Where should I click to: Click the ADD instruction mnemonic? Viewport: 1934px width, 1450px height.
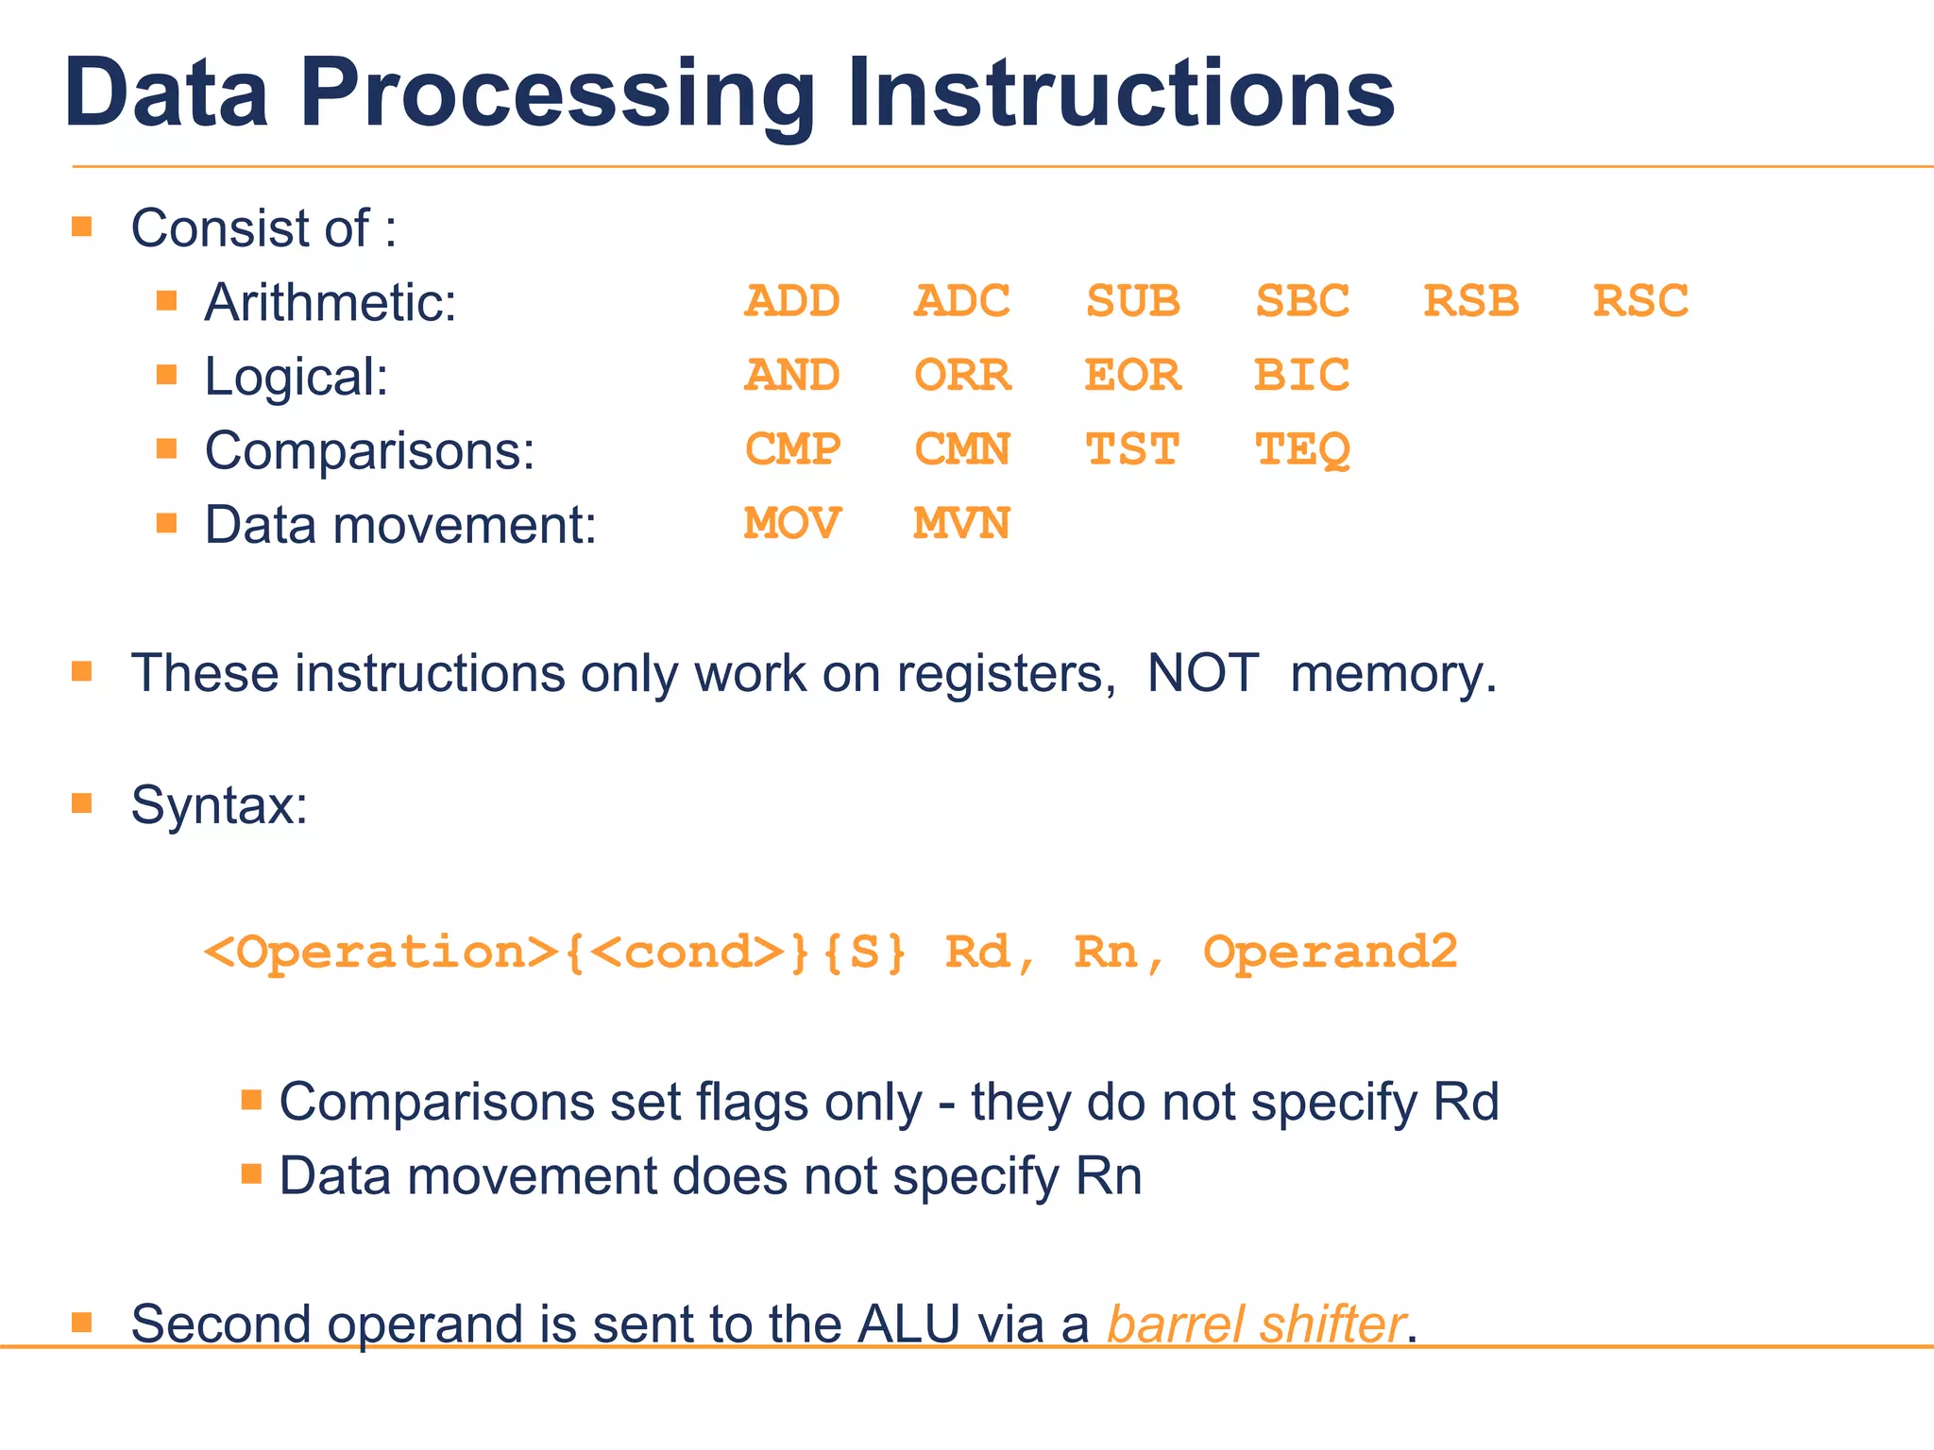791,301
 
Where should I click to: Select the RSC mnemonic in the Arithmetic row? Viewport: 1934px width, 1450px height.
1640,301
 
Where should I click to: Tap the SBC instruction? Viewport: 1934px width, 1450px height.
1301,301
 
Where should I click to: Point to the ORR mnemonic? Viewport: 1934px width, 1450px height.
961,376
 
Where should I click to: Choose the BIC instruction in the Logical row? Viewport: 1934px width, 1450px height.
1301,376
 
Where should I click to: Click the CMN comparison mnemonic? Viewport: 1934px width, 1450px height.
961,449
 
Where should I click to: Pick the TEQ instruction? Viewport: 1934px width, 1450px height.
1301,450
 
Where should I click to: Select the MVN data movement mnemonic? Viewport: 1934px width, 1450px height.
961,523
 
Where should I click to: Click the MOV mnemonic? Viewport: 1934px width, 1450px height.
791,523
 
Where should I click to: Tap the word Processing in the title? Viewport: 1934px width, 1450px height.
557,94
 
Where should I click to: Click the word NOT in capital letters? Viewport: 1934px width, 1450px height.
1202,674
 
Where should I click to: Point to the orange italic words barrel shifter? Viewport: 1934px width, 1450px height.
1256,1324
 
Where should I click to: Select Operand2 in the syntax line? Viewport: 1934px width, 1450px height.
1330,952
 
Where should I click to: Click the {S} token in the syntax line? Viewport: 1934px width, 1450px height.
864,952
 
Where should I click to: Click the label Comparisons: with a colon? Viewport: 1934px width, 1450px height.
369,450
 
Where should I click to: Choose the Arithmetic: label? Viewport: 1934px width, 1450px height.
330,302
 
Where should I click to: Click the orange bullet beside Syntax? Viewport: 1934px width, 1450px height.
82,803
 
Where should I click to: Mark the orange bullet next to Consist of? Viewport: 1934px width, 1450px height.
82,227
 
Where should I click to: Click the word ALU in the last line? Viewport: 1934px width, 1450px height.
908,1324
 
